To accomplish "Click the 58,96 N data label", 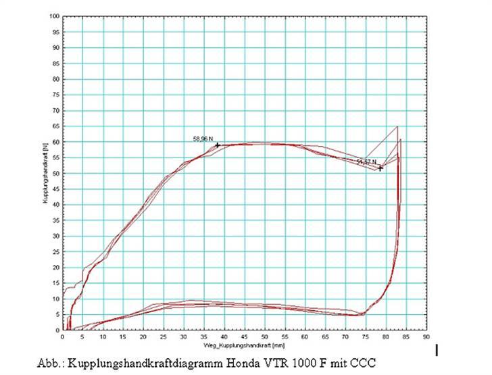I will [x=203, y=139].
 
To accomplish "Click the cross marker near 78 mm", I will [x=380, y=168].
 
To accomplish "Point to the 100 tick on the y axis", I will [x=55, y=16].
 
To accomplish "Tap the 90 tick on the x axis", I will [x=426, y=336].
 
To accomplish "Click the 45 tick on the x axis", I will [x=244, y=336].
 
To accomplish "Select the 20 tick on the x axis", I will [x=143, y=336].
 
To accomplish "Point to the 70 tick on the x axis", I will [x=345, y=336].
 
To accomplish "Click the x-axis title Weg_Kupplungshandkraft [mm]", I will [x=244, y=343].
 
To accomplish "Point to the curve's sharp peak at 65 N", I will [x=397, y=126].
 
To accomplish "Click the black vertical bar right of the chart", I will [x=437, y=349].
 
